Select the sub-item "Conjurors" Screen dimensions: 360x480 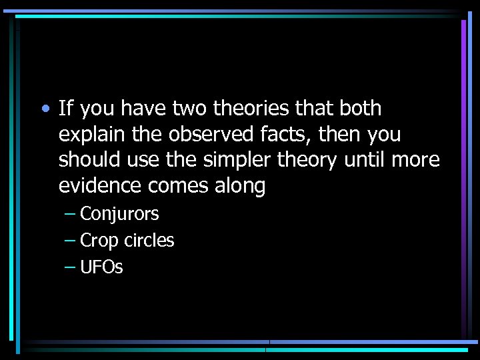[119, 214]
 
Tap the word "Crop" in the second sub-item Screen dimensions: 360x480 [99, 241]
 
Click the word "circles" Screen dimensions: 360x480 [149, 241]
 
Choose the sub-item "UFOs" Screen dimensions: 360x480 [101, 267]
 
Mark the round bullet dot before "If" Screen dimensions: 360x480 [43, 109]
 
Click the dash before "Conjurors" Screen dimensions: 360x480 [70, 215]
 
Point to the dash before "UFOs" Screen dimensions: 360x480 [70, 268]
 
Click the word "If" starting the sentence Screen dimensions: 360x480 [65, 108]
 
